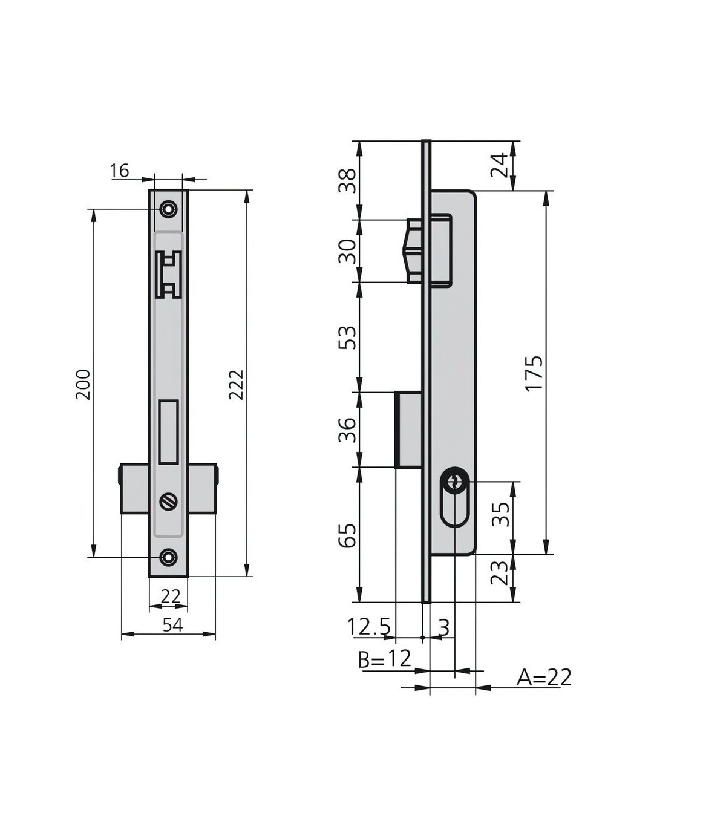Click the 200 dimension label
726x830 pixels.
tap(83, 384)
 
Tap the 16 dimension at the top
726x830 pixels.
tap(119, 171)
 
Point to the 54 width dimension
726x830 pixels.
tap(173, 625)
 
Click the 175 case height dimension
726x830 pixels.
tap(534, 373)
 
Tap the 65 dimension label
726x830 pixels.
tap(347, 535)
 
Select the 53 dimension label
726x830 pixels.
tap(347, 337)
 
